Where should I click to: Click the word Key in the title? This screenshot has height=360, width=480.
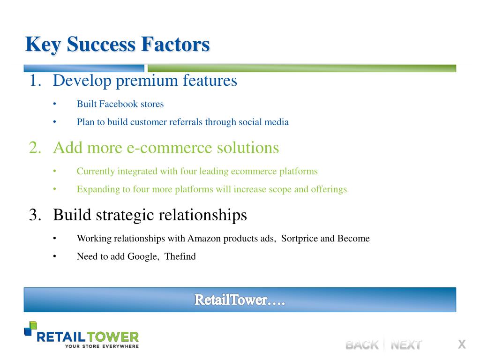[43, 45]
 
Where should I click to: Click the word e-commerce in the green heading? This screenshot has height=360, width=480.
[169, 148]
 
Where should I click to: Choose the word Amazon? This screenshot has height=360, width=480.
[204, 238]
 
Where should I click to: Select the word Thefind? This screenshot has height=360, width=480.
[180, 256]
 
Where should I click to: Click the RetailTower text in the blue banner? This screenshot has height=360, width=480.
[240, 300]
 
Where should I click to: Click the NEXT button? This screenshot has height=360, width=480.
[406, 345]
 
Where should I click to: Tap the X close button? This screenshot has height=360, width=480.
[462, 344]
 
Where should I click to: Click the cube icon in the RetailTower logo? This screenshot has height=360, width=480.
[30, 329]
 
